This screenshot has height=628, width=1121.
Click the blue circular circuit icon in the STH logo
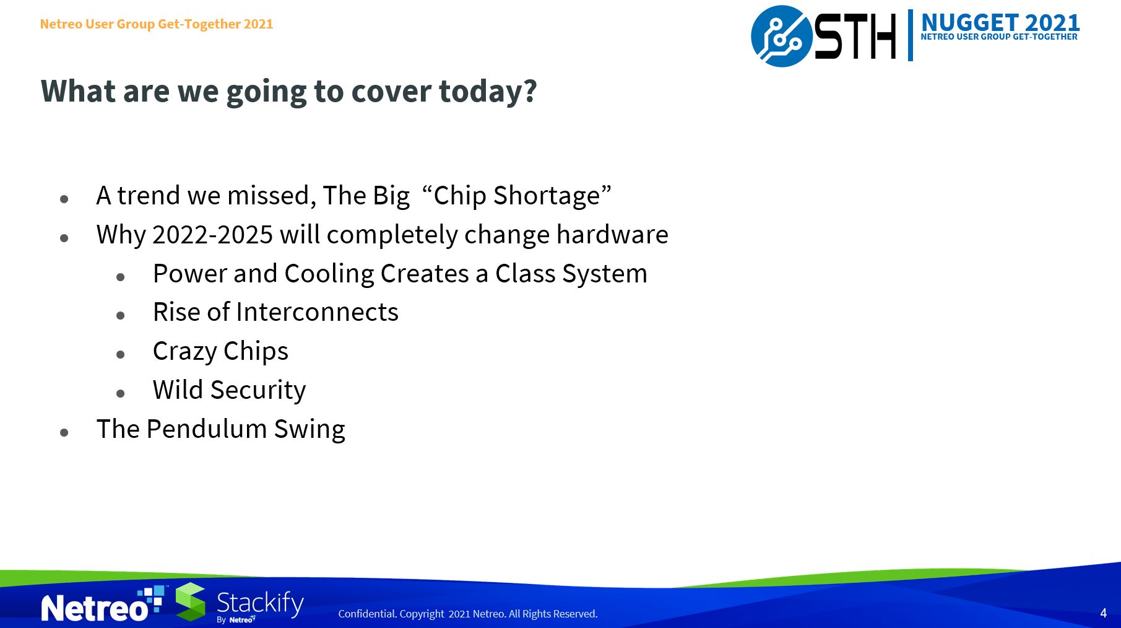(x=781, y=36)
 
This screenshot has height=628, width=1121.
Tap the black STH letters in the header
(x=855, y=37)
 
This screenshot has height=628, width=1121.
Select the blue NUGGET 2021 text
(x=1000, y=23)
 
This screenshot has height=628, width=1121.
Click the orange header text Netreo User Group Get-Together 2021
(x=157, y=24)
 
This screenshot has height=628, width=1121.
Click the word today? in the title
(x=488, y=92)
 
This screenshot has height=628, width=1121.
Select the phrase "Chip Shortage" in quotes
(x=516, y=196)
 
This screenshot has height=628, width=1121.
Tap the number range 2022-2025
(x=212, y=235)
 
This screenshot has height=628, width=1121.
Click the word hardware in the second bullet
(x=612, y=235)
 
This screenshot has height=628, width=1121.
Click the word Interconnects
(x=317, y=312)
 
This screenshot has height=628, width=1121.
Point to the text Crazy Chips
(x=220, y=351)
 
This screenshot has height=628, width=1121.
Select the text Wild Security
(x=229, y=390)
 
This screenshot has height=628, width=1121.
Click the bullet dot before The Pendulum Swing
(x=64, y=432)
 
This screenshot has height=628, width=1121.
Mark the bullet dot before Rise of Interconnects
(x=120, y=315)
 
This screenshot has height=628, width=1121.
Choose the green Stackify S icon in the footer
(x=191, y=601)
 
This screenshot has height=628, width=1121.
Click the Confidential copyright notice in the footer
(x=467, y=614)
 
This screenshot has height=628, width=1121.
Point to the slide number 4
(x=1103, y=613)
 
